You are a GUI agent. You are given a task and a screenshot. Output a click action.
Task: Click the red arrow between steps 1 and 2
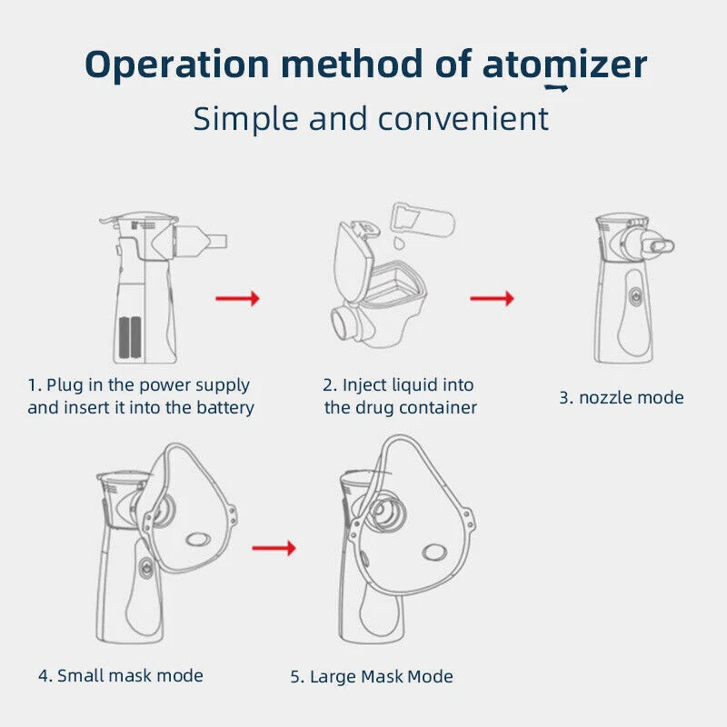[237, 297]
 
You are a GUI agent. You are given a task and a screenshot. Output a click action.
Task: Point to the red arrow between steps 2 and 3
[492, 297]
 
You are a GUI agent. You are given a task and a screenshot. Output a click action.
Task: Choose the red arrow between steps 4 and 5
[274, 547]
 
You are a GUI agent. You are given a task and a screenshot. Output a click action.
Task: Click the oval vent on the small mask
[195, 539]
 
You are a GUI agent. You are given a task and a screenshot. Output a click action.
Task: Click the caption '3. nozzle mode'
[621, 397]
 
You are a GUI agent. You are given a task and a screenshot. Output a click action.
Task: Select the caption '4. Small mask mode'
[120, 675]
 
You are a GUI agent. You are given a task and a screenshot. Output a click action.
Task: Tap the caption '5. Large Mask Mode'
[371, 676]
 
